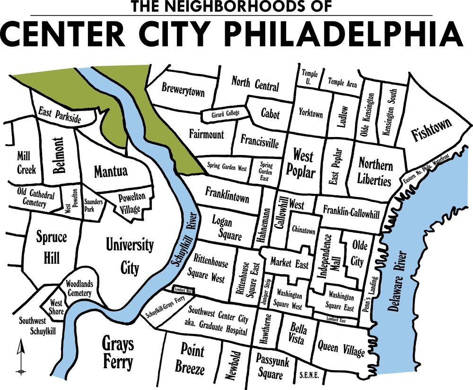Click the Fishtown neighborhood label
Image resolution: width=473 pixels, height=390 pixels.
[431, 128]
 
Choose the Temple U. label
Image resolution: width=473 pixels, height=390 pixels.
[310, 78]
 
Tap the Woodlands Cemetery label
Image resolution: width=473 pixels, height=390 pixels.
[79, 288]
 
